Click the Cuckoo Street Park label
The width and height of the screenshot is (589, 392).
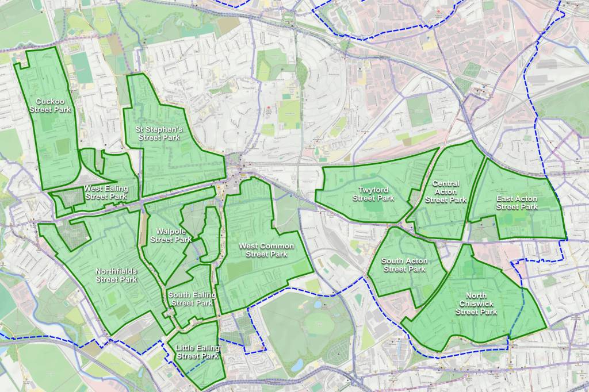[x=49, y=105]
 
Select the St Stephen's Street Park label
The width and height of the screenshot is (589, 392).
[x=159, y=133]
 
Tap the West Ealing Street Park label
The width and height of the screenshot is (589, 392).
[x=105, y=192]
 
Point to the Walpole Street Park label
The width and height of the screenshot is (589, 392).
[x=170, y=235]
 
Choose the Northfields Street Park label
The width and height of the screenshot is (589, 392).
[x=116, y=275]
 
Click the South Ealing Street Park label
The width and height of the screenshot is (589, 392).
[x=192, y=299]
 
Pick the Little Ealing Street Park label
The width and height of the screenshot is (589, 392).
[x=197, y=352]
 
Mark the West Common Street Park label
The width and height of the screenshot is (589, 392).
[x=266, y=249]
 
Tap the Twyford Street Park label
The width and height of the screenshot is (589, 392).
[x=373, y=194]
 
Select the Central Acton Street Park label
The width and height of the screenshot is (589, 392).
[x=446, y=191]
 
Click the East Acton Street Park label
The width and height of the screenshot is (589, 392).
[x=517, y=202]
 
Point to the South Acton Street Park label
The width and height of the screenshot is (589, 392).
[x=404, y=265]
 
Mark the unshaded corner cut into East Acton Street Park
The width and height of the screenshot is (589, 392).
[x=484, y=229]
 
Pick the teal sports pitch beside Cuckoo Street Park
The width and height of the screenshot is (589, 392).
[x=83, y=67]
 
